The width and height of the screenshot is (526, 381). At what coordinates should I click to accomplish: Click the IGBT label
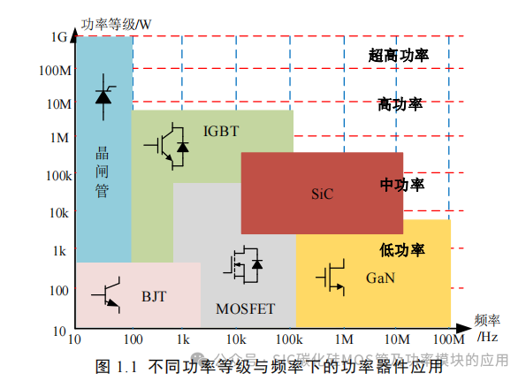[x=221, y=131]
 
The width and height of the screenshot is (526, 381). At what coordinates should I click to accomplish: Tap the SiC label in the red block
[x=322, y=194]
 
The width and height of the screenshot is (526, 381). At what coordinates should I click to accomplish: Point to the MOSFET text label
[x=245, y=309]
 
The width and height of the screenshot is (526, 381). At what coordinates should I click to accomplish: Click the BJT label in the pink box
[x=154, y=296]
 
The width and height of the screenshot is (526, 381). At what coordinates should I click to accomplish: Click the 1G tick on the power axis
[x=59, y=37]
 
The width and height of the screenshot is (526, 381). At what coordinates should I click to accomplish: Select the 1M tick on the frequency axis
[x=343, y=339]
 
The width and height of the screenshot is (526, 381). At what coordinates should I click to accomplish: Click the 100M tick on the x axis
[x=448, y=339]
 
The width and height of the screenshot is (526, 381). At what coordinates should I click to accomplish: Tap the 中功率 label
[x=402, y=185]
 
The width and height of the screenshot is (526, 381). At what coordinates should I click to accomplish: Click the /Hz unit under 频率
[x=488, y=337]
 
